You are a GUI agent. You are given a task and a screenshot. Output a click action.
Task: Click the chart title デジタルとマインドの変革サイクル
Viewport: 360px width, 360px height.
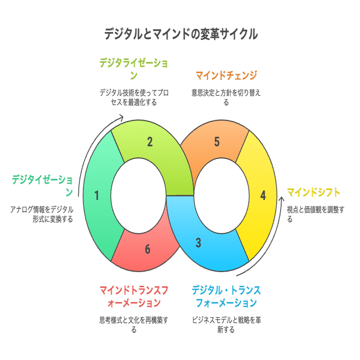coord(181,34)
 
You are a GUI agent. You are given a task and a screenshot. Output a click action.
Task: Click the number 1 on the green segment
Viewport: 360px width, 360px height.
coord(97,196)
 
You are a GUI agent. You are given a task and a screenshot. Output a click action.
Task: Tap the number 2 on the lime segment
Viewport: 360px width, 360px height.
coord(149,142)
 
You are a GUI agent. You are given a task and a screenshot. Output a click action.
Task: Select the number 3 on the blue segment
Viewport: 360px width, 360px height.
coord(198,243)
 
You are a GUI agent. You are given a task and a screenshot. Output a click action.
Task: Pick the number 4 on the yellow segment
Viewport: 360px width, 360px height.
coord(263,196)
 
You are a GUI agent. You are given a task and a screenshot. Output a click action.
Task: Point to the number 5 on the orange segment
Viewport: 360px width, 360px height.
coord(217,142)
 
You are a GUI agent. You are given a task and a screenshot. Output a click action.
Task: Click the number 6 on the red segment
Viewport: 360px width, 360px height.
coord(147,249)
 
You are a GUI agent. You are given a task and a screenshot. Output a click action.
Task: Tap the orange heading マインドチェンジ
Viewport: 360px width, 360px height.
coord(226,76)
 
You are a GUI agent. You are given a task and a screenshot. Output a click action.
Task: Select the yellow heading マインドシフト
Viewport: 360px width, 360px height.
coord(313,193)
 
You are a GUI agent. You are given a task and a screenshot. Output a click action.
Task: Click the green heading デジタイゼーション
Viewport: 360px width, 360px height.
coord(43,186)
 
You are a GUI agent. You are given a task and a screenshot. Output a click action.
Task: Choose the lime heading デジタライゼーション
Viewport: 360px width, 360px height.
coord(134,69)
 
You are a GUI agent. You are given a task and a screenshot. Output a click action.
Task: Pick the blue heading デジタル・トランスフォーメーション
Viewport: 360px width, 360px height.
coord(226,297)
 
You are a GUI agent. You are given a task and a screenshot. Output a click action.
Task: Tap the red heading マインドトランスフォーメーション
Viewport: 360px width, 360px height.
coord(134,297)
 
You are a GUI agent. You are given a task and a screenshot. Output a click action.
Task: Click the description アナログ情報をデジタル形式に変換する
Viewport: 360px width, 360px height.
coord(42,214)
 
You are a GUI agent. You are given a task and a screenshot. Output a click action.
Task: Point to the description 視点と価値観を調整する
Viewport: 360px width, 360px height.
coord(315,214)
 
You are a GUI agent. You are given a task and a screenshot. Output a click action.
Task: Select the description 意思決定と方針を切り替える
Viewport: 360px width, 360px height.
coord(226,97)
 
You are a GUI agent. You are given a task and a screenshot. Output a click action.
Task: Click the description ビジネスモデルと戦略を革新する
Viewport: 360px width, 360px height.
coord(226,325)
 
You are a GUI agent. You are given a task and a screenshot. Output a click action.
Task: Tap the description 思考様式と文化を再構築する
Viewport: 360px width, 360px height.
coord(134,325)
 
